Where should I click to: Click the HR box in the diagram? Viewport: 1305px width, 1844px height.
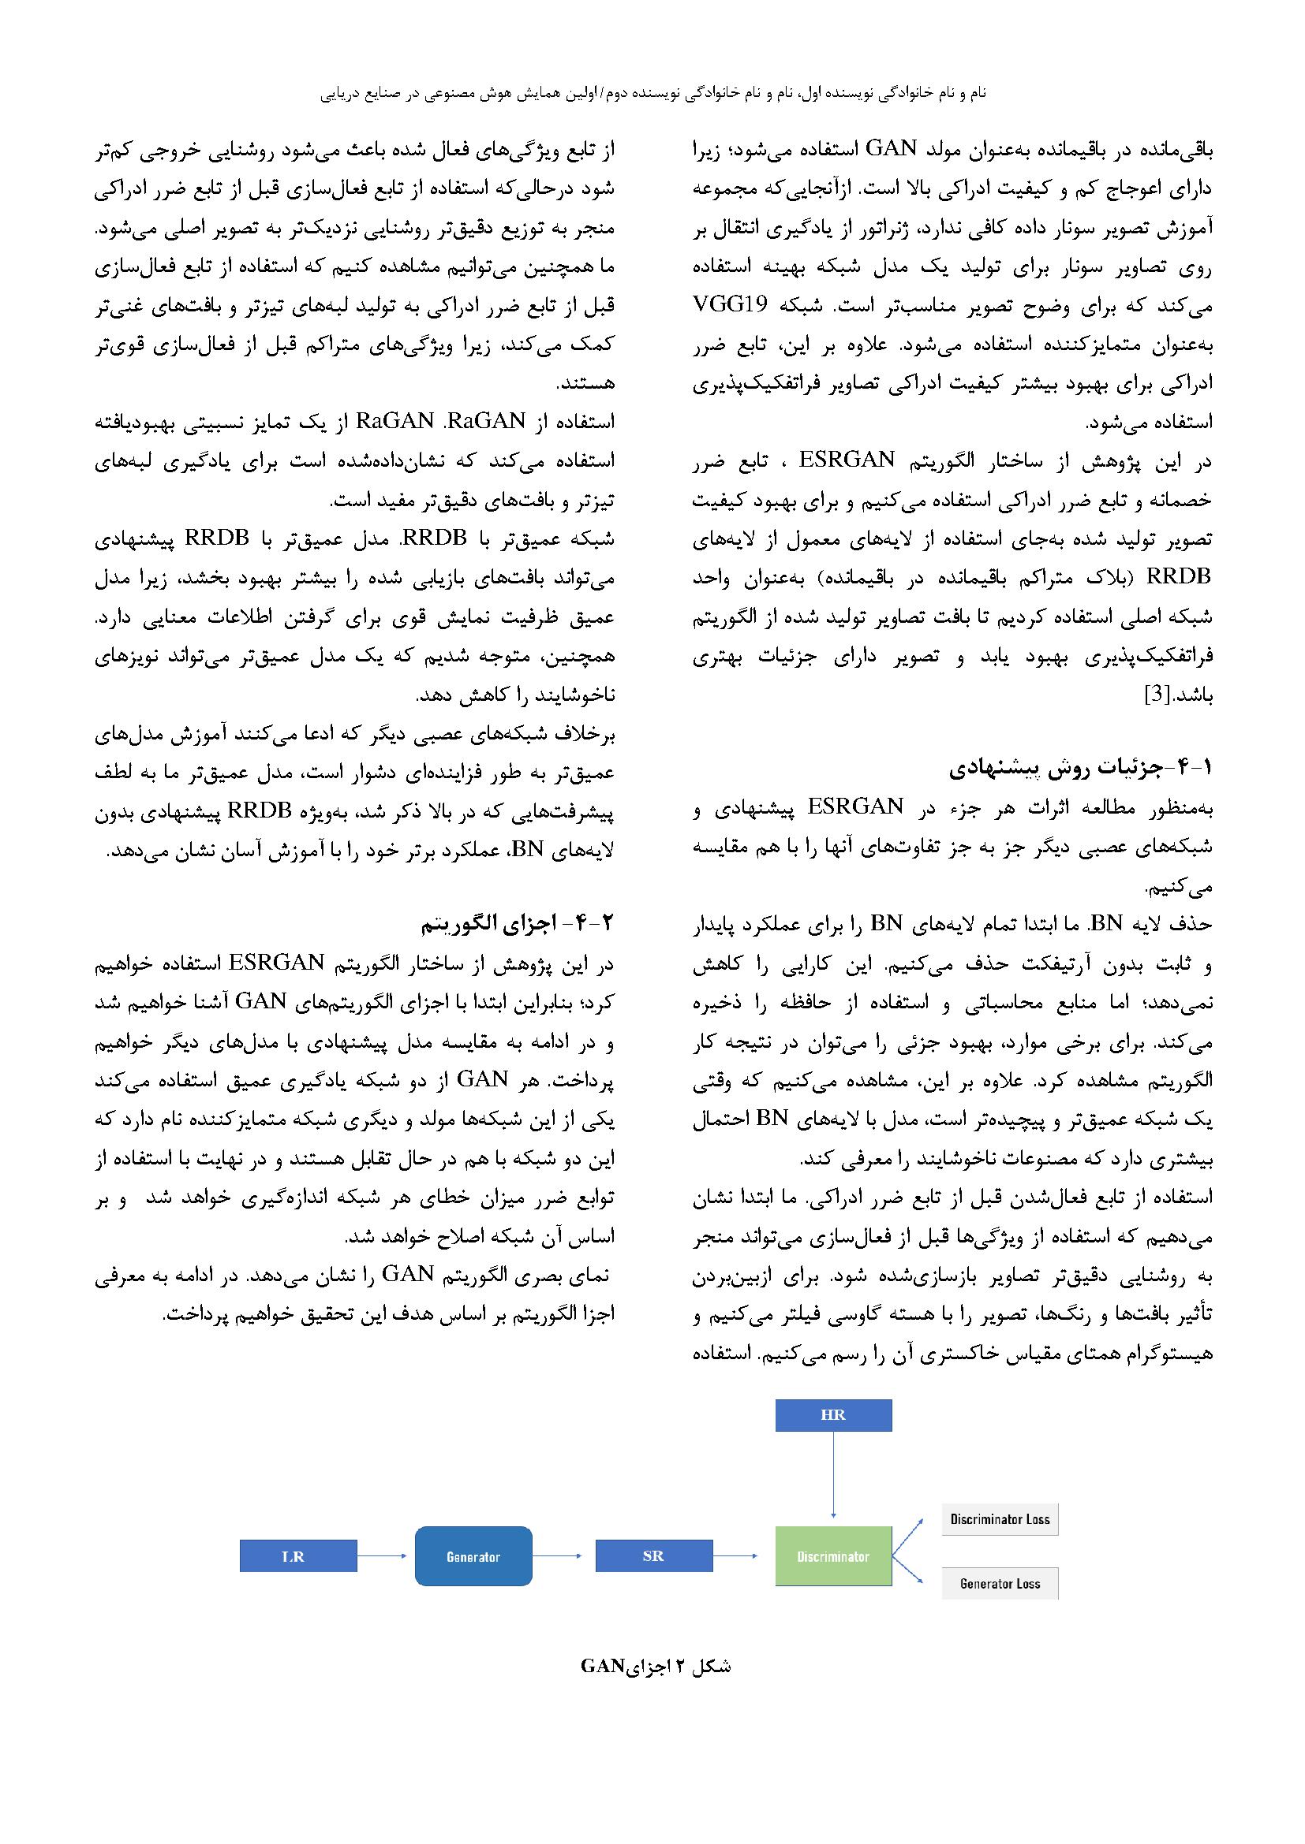(x=832, y=1414)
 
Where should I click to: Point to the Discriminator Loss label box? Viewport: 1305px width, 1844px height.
(x=1000, y=1518)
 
